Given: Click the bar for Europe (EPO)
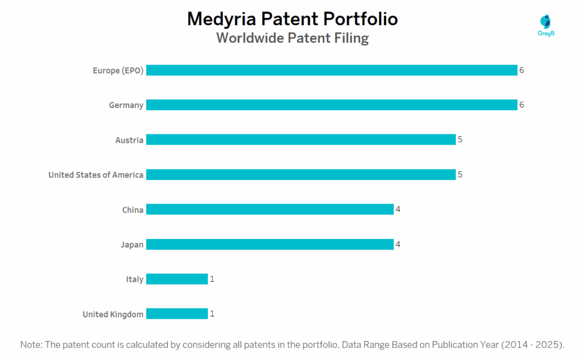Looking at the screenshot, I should (331, 70).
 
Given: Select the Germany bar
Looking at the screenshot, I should (331, 105).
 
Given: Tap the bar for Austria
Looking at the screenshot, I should (300, 140).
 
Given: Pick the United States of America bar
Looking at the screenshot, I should (300, 175).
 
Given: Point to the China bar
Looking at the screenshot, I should (270, 210).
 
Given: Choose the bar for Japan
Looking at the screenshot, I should (270, 245).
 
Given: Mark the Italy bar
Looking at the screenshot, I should (177, 279).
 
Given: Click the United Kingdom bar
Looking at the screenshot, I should (177, 314).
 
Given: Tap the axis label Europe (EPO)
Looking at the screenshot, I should (118, 70).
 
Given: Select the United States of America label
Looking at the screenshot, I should (95, 175).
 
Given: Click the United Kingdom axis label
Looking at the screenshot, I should (113, 314).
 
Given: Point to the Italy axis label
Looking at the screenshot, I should (134, 279).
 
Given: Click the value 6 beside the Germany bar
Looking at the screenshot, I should (522, 105).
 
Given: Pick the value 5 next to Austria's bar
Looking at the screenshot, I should (460, 140).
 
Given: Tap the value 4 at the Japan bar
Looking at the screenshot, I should (398, 245).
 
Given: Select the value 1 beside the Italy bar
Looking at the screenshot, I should (212, 279).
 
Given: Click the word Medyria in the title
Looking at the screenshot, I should (222, 19).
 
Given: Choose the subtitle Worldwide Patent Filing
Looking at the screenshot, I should (292, 38).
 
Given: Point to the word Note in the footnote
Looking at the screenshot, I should (31, 345).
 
